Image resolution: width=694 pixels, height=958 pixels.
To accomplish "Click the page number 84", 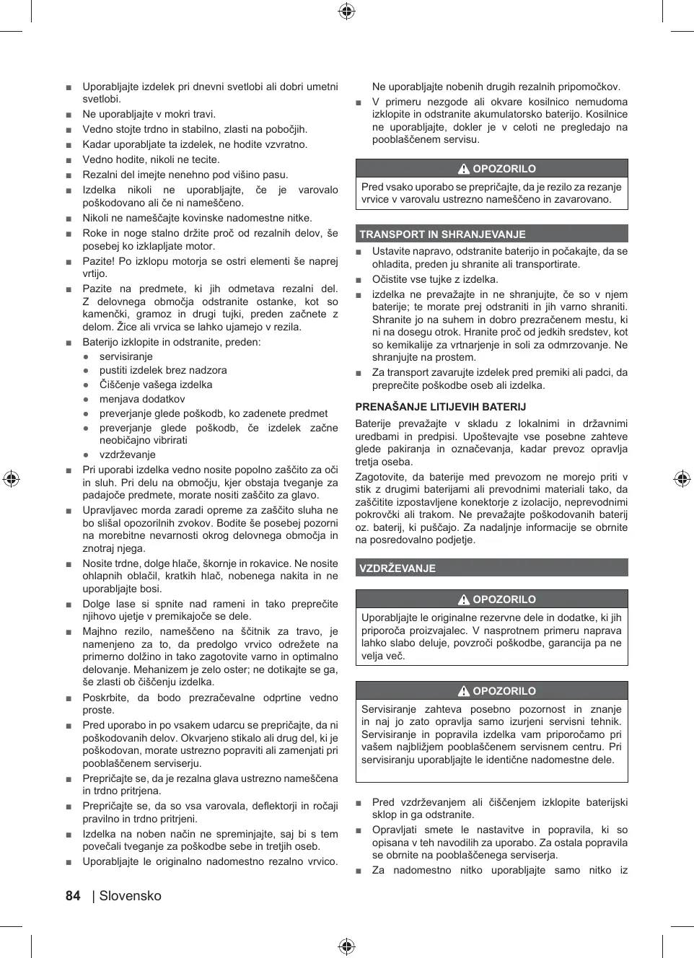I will (x=73, y=896).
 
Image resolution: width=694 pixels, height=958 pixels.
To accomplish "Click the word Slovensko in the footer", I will (x=131, y=896).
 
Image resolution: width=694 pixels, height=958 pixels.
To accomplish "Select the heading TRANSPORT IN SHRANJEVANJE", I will (x=442, y=234).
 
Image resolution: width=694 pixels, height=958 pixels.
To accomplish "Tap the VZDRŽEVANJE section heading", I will (x=397, y=568).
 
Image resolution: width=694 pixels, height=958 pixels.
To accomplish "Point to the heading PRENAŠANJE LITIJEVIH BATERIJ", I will (x=440, y=407).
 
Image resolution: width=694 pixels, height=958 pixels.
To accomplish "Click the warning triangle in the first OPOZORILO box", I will (x=464, y=169).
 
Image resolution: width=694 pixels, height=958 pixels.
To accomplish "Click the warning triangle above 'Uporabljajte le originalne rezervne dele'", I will (x=464, y=599).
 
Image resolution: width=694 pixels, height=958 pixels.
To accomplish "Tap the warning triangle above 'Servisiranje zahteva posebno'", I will (x=464, y=691).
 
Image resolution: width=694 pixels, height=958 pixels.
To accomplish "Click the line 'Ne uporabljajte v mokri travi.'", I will (x=149, y=114).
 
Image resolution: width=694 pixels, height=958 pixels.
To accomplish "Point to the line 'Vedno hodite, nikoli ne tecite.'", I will (x=151, y=159).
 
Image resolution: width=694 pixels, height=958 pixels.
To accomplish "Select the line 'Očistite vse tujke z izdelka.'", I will (x=435, y=279).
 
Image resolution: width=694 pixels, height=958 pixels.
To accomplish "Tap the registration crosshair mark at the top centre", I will (x=346, y=11).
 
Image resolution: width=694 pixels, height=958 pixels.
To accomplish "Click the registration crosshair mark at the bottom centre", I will (x=346, y=946).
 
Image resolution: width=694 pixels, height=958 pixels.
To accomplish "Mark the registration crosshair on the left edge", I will (x=11, y=479).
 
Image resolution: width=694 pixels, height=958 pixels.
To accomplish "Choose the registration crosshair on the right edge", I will (x=682, y=479).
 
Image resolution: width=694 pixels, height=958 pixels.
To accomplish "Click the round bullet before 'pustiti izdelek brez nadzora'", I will (x=86, y=371).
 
